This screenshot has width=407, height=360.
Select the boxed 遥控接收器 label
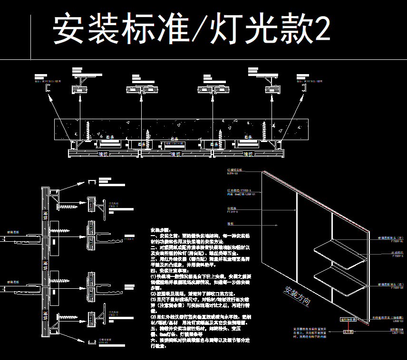(349, 320)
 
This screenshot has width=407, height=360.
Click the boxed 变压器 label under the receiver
(349, 332)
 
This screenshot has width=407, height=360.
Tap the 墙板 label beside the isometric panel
(231, 223)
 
